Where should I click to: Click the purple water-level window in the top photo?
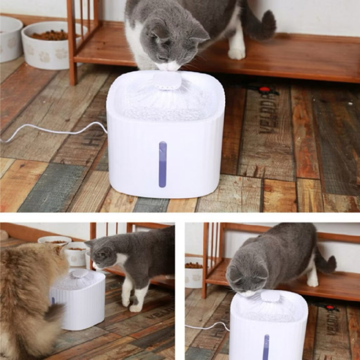coord(163,164)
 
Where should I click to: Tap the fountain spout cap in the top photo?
coord(167,81)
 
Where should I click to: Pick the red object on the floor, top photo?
coord(264,89)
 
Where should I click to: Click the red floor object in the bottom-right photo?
coord(330,307)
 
